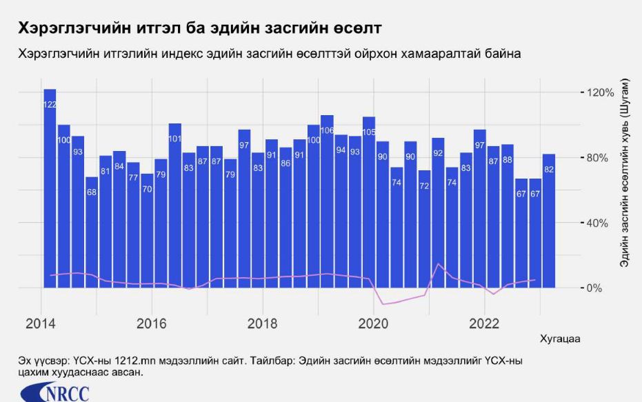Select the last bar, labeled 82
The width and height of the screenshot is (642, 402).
point(549,221)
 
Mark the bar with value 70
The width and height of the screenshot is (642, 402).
point(147,230)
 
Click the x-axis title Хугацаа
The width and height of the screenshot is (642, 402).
point(559,339)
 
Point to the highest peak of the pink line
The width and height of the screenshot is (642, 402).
point(438,263)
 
